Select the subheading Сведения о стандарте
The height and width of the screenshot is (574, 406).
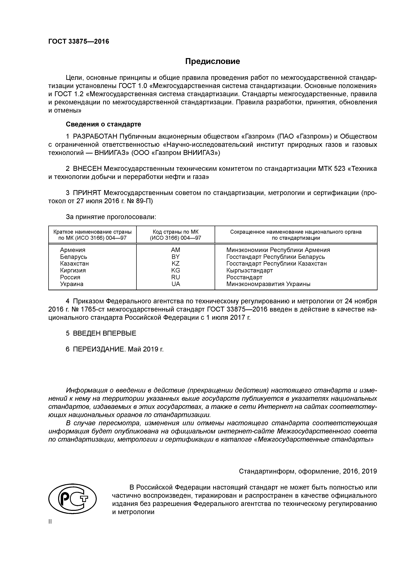[x=103, y=124]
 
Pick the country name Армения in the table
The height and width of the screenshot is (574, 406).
[x=73, y=250]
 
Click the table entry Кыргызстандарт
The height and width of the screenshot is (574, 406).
[x=249, y=270]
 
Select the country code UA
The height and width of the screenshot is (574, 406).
[x=176, y=284]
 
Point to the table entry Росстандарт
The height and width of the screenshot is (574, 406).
[x=244, y=277]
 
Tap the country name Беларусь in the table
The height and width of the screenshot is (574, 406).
[x=74, y=257]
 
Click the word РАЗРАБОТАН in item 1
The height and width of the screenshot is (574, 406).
[x=95, y=136]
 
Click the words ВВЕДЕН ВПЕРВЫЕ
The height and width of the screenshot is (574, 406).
[x=105, y=333]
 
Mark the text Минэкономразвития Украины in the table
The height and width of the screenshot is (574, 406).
[x=268, y=284]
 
